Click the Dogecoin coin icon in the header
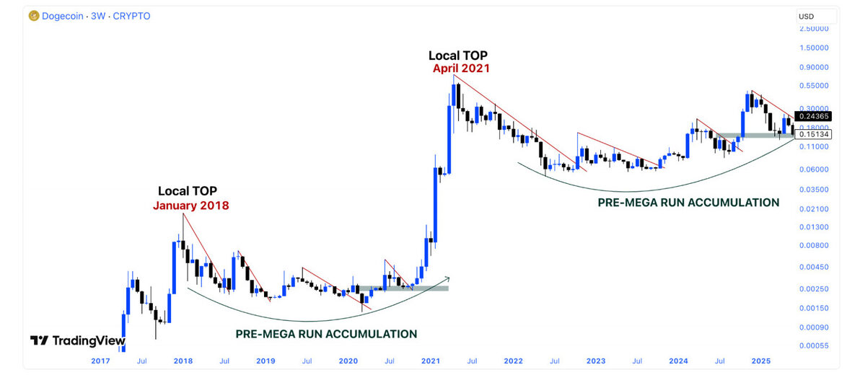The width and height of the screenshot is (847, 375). (x=34, y=16)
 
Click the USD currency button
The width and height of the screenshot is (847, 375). (x=806, y=17)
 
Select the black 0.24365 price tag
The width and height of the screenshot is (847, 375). (x=812, y=116)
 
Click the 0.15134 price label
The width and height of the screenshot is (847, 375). (x=812, y=134)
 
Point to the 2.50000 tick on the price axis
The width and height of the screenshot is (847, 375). (x=813, y=29)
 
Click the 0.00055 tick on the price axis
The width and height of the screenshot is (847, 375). (x=813, y=345)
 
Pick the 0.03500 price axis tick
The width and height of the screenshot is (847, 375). (x=813, y=189)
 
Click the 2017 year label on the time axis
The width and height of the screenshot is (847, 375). (x=102, y=360)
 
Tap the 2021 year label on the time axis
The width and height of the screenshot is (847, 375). (x=431, y=360)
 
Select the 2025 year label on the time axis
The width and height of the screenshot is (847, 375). (x=760, y=360)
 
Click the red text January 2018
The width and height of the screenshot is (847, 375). (x=190, y=206)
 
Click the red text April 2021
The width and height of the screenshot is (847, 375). (x=461, y=69)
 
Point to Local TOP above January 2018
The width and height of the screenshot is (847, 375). (x=188, y=191)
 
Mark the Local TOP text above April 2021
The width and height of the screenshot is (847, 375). (x=458, y=55)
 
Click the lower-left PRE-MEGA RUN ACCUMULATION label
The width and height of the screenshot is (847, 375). (x=326, y=334)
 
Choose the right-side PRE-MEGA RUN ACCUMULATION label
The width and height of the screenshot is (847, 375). (x=688, y=203)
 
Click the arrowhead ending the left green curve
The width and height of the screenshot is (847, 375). (x=447, y=278)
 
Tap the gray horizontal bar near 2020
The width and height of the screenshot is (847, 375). (x=404, y=288)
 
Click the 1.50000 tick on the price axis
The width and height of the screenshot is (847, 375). (x=813, y=48)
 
